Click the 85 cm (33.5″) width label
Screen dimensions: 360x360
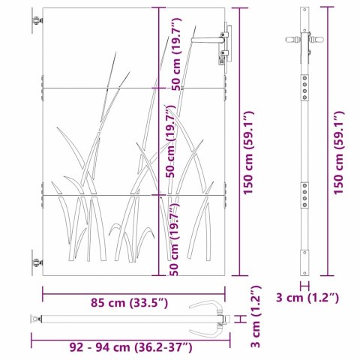pyautogui.click(x=129, y=303)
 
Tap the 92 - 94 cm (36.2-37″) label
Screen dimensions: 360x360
pyautogui.click(x=130, y=347)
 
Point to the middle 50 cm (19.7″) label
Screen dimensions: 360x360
pyautogui.click(x=171, y=141)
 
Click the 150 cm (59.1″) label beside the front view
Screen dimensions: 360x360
pyautogui.click(x=248, y=152)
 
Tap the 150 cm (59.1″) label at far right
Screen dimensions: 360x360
pyautogui.click(x=339, y=152)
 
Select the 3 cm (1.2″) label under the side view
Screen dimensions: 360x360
pyautogui.click(x=307, y=298)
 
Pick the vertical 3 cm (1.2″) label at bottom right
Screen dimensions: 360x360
pyautogui.click(x=256, y=317)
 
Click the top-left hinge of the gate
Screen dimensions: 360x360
pyautogui.click(x=37, y=20)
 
